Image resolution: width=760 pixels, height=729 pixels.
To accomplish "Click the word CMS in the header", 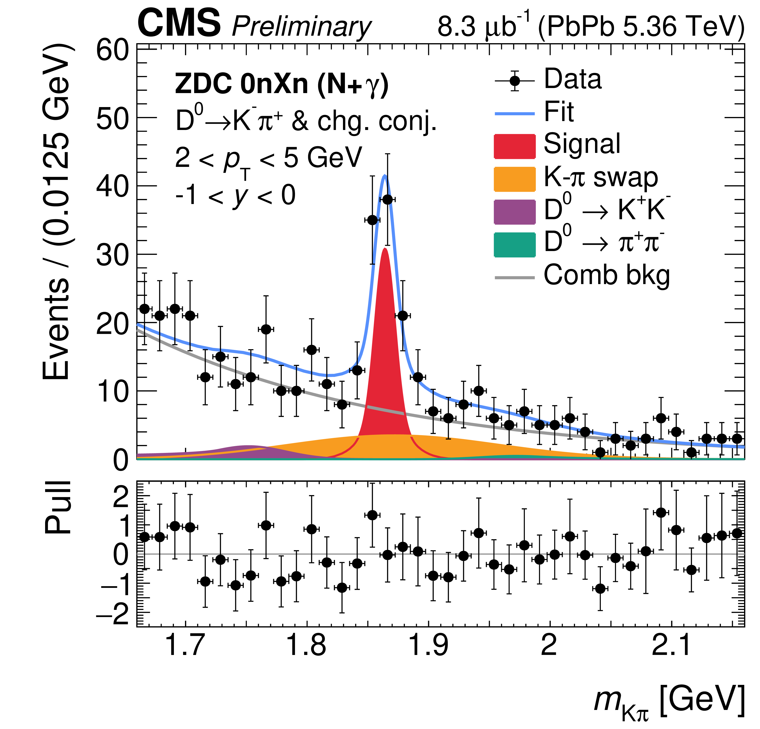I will pyautogui.click(x=179, y=24).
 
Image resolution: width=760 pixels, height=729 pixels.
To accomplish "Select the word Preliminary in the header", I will pyautogui.click(x=301, y=27).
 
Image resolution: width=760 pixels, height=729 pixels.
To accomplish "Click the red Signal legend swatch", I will pyautogui.click(x=514, y=146).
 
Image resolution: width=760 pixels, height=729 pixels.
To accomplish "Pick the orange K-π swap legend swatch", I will pyautogui.click(x=514, y=179).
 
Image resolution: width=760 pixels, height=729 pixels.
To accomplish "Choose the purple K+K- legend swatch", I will pyautogui.click(x=514, y=212).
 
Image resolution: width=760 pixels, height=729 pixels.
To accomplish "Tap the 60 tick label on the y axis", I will pyautogui.click(x=112, y=50).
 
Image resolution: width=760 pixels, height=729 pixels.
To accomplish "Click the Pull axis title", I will pyautogui.click(x=58, y=508).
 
